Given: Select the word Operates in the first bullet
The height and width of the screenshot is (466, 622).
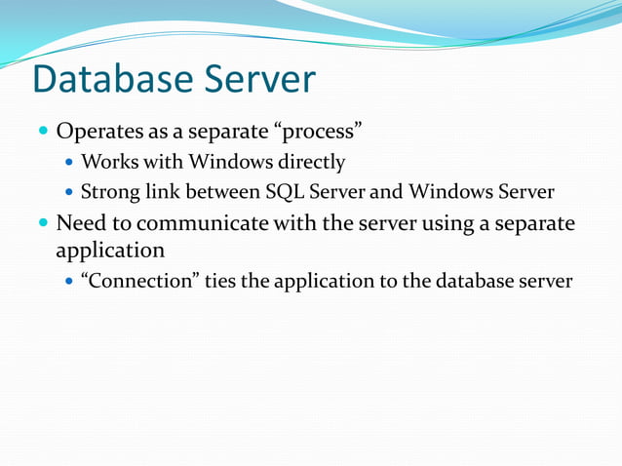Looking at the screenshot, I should [x=100, y=131].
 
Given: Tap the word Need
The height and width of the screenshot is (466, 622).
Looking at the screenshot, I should [x=80, y=223].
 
